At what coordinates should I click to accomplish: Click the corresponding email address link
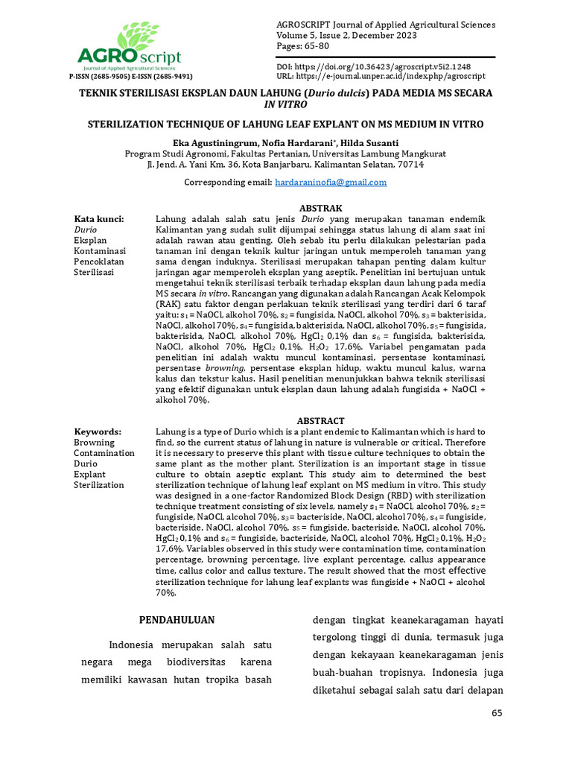pos(331,182)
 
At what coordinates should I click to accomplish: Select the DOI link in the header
pos(394,67)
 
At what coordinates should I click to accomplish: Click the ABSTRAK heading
pos(320,208)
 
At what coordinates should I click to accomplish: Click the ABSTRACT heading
pos(320,421)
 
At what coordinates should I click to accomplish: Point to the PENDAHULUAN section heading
pos(177,620)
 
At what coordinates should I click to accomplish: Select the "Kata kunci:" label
pos(98,219)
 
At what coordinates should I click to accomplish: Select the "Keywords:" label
pos(97,432)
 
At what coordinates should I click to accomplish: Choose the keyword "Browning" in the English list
pos(94,443)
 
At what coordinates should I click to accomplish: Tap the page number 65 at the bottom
pos(498,714)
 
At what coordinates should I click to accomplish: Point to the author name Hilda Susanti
pos(371,142)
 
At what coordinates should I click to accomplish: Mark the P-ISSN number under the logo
pos(100,76)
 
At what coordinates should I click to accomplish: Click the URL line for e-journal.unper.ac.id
pos(381,76)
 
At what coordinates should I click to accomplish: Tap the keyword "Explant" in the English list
pos(90,474)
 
